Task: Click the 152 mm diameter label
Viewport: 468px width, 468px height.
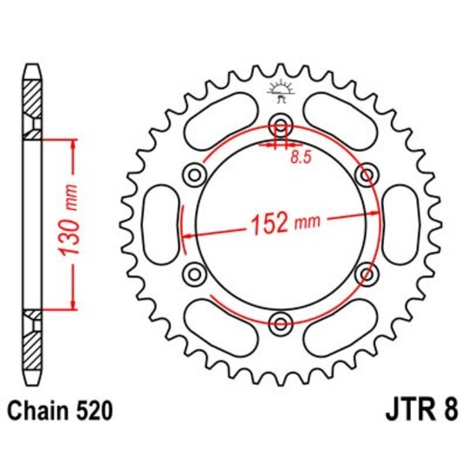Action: click(283, 224)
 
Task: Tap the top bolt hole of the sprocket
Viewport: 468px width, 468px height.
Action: click(280, 122)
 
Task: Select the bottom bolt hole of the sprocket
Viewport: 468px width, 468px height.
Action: click(280, 325)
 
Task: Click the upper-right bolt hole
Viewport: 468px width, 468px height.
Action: click(368, 172)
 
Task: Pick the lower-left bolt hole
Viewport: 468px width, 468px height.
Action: click(192, 275)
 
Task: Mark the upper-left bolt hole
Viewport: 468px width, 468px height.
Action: click(192, 173)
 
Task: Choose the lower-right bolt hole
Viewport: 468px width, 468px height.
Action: click(368, 275)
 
